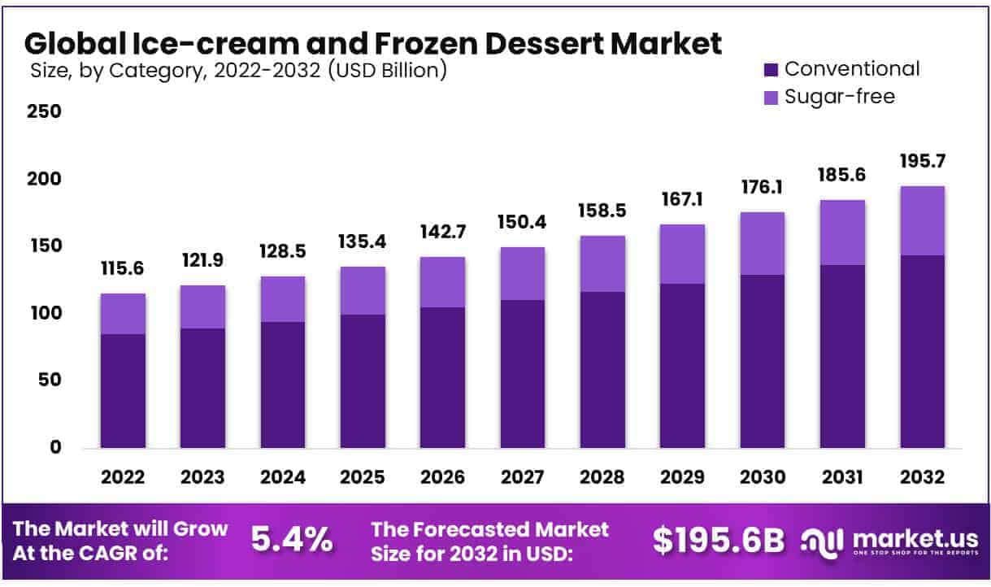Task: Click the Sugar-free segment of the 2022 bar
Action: tap(123, 314)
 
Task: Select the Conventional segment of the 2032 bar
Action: tap(922, 351)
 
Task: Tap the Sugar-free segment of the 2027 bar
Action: tap(522, 273)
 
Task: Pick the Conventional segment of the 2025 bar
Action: tap(363, 380)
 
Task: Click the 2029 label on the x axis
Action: tap(681, 477)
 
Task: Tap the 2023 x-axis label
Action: tap(202, 477)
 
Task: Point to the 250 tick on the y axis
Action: tap(45, 111)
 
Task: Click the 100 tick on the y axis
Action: tap(45, 313)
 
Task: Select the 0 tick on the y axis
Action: tap(55, 447)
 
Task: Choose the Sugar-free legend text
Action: tap(840, 97)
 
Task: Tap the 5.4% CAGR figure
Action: tap(291, 539)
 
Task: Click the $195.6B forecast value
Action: tap(718, 540)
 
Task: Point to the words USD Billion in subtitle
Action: tap(385, 71)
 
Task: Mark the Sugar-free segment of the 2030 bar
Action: tap(762, 243)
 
